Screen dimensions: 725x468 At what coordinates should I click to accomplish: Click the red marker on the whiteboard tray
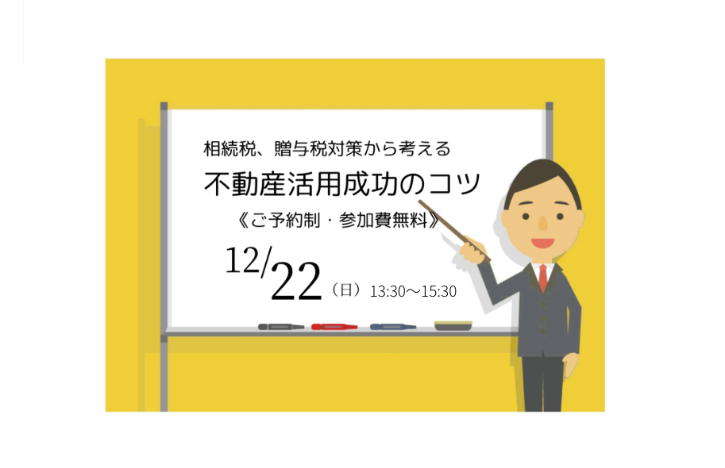[x=334, y=327]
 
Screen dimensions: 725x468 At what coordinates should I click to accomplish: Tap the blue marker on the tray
[x=393, y=327]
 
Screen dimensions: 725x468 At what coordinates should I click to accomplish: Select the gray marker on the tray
[x=281, y=327]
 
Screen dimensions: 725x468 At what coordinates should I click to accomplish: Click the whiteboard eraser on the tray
[x=453, y=326]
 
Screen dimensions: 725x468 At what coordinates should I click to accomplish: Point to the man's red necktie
[x=543, y=278]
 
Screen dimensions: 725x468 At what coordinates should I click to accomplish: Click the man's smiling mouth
[x=542, y=243]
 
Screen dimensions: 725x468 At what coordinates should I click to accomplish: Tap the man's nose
[x=543, y=224]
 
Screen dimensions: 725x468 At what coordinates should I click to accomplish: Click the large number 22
[x=296, y=281]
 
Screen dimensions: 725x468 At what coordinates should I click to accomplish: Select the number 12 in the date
[x=242, y=260]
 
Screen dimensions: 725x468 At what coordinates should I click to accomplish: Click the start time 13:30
[x=388, y=292]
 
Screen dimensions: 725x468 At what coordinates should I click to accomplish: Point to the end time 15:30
[x=439, y=292]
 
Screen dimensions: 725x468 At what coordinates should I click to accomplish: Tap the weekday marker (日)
[x=346, y=290]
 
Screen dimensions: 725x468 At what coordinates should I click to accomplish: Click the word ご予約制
[x=285, y=221]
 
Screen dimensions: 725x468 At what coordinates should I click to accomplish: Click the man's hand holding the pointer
[x=472, y=250]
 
